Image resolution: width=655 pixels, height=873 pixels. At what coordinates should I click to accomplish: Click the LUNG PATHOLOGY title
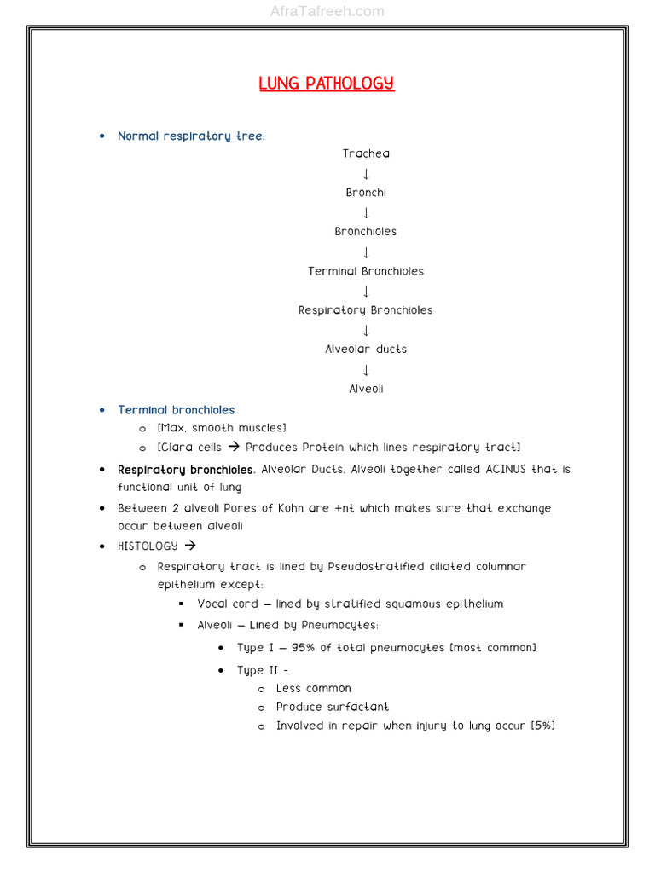[327, 84]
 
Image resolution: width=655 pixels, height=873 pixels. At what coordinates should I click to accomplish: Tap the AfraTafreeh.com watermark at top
[327, 11]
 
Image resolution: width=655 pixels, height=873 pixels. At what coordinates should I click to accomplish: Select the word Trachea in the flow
[366, 153]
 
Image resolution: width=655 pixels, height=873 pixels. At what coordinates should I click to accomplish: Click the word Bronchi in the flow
[366, 193]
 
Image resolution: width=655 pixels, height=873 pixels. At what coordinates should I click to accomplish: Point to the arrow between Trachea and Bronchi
[366, 174]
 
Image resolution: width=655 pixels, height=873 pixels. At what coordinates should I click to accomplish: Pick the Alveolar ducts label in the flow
[366, 350]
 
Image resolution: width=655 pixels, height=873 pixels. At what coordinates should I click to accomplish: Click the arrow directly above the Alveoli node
[366, 370]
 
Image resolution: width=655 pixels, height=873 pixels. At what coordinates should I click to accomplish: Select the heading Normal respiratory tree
[191, 136]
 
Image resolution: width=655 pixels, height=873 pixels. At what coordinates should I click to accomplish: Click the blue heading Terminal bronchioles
[176, 410]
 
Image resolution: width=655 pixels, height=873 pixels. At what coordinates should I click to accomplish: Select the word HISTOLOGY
[148, 546]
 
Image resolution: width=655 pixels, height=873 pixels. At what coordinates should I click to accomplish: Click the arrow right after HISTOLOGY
[190, 546]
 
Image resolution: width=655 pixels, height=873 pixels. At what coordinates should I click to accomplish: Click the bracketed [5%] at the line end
[542, 726]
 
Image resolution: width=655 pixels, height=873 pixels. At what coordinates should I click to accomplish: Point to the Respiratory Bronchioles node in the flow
[366, 310]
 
